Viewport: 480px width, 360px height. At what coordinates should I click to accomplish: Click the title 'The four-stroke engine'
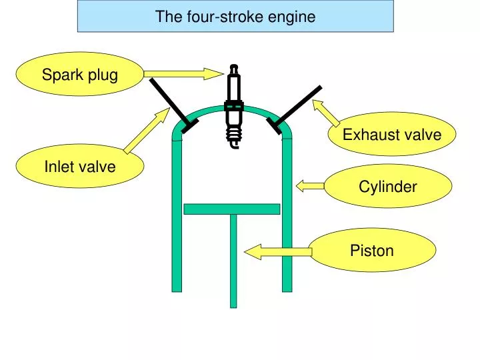click(x=235, y=17)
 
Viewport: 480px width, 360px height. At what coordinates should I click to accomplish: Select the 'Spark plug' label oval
click(x=80, y=75)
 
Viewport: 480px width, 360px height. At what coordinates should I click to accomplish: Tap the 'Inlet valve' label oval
click(x=80, y=166)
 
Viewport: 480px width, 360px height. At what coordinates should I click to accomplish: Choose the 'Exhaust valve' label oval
click(x=391, y=135)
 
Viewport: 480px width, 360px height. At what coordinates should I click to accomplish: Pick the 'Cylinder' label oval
click(x=387, y=187)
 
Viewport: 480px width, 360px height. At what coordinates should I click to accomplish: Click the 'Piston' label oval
click(x=373, y=251)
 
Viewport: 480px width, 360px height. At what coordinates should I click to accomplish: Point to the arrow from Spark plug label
click(x=183, y=74)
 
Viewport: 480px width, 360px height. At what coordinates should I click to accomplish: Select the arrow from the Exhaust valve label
click(x=327, y=113)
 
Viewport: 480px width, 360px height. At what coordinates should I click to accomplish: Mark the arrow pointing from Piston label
click(x=277, y=251)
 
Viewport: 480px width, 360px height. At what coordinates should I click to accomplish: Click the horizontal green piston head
click(x=231, y=209)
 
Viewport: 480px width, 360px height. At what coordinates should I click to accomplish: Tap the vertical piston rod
click(x=233, y=260)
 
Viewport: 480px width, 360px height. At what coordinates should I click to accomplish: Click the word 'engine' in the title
click(x=293, y=17)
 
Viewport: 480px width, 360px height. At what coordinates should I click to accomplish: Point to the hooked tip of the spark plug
click(x=233, y=143)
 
